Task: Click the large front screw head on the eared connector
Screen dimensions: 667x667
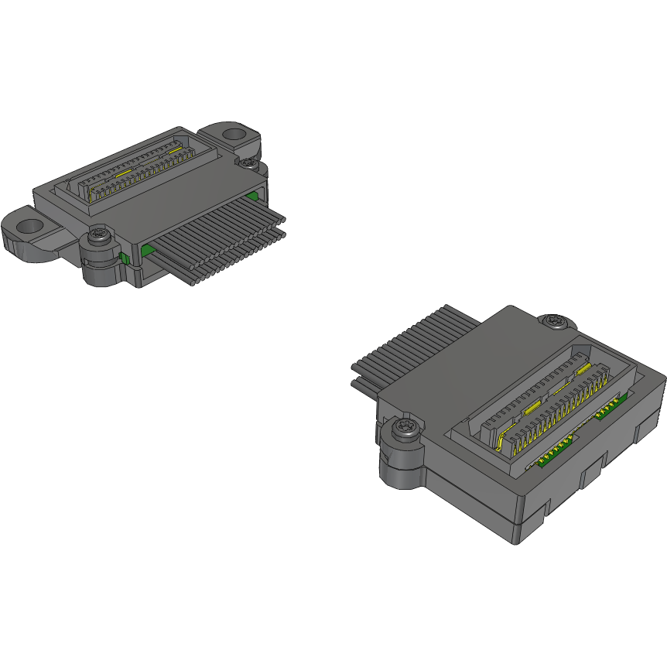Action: click(x=98, y=234)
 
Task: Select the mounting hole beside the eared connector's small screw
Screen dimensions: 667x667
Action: click(x=234, y=135)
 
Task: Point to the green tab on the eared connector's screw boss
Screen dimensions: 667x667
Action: click(x=123, y=257)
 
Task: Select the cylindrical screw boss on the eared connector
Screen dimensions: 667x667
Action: click(x=101, y=267)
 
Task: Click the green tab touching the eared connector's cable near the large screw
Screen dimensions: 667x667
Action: click(x=147, y=249)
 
